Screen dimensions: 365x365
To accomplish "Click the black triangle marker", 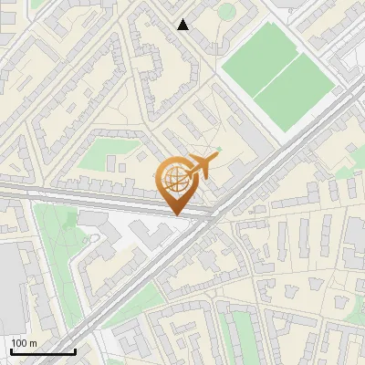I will click(183, 25).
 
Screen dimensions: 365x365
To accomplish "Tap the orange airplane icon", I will click(202, 165).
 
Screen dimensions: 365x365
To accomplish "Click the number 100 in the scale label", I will click(19, 343).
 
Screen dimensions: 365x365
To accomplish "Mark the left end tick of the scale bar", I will click(10, 350).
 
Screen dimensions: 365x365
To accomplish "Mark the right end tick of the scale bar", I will click(75, 350).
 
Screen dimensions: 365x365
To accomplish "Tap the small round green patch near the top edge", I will click(225, 11).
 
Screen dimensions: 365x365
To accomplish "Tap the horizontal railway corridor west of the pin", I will click(73, 193).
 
